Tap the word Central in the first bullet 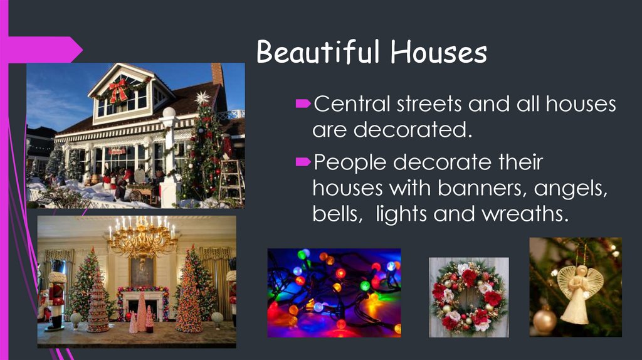click(x=350, y=104)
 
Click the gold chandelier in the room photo click(x=142, y=238)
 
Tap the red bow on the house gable click(x=118, y=89)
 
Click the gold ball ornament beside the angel click(x=544, y=320)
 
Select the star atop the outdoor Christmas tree click(x=202, y=98)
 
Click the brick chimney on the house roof click(x=218, y=74)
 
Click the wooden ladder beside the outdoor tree click(x=232, y=179)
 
